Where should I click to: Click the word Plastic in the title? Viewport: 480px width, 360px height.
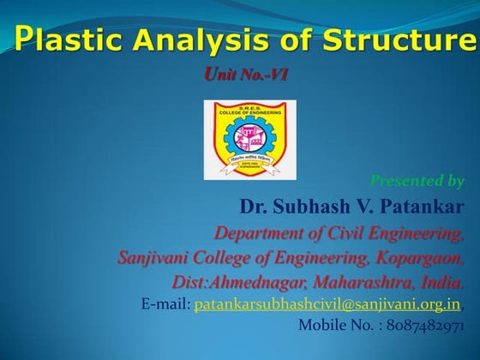[x=66, y=38]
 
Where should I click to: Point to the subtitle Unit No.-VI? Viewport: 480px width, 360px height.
[x=246, y=75]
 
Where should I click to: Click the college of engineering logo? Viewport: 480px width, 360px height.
[x=249, y=139]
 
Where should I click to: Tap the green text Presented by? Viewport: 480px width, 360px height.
[x=417, y=181]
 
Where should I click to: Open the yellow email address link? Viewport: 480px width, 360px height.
[x=328, y=304]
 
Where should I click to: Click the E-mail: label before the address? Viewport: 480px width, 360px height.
[x=165, y=304]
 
